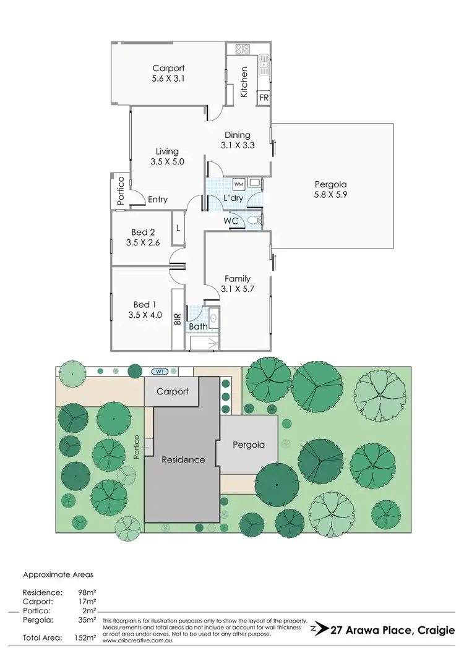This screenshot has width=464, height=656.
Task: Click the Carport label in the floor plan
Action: point(168,69)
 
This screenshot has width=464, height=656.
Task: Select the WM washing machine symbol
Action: point(239,184)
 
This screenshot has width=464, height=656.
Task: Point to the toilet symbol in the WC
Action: point(254,220)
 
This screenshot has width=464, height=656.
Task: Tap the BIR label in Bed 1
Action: point(178,319)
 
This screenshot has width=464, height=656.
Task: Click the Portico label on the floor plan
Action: point(121,190)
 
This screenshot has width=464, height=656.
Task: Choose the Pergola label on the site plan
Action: point(249,445)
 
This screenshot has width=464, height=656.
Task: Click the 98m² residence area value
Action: point(87,592)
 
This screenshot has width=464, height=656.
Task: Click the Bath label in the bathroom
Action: point(199,326)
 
